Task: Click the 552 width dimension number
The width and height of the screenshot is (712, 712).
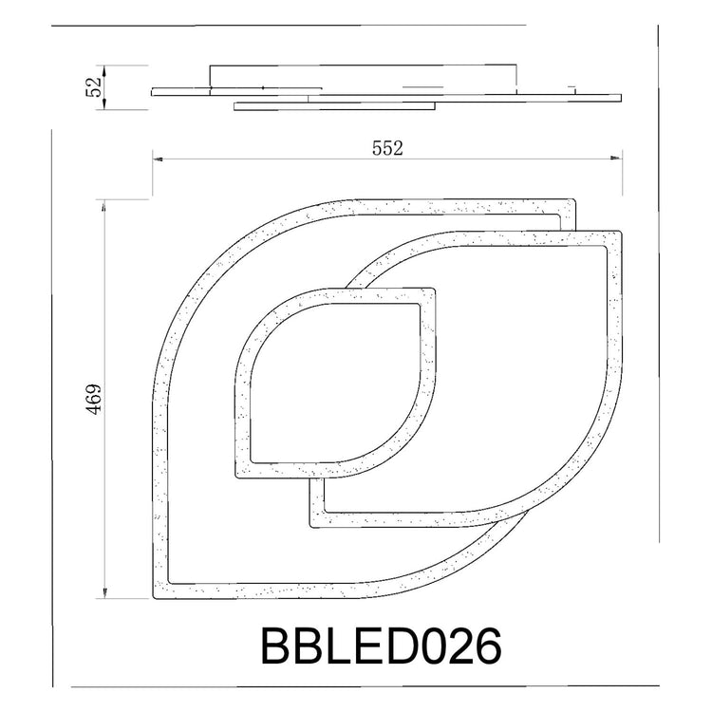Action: coord(387,148)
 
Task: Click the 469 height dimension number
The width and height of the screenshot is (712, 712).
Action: coord(94,399)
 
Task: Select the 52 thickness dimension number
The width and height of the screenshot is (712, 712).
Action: coord(93,87)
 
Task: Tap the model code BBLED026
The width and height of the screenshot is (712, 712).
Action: coord(382,646)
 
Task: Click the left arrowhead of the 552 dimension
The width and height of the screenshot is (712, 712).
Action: coord(158,159)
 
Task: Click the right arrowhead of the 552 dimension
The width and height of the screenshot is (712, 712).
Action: coord(617,159)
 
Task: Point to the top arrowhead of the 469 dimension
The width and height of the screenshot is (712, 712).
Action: coord(104,205)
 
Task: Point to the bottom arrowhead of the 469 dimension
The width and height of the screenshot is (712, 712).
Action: coord(104,592)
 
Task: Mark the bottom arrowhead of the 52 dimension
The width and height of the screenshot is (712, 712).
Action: coord(104,104)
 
